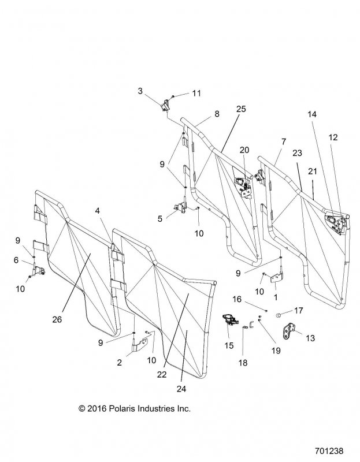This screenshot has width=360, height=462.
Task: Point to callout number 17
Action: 299,310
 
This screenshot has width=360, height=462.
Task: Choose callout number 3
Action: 140,91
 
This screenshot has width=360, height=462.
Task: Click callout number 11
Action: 197,93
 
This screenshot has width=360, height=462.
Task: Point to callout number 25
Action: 241,109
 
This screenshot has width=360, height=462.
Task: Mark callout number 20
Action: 244,150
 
